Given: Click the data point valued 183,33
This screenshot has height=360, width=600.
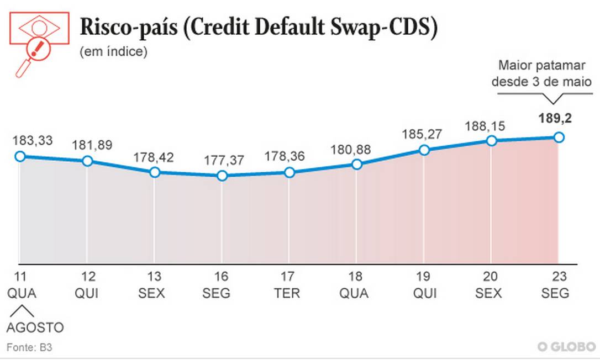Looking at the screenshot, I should click(20, 156).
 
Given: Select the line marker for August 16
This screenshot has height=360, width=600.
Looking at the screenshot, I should click(222, 176).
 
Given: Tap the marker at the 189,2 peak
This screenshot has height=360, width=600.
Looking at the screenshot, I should click(559, 137).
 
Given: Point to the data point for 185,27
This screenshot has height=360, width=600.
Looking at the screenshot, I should click(424, 150).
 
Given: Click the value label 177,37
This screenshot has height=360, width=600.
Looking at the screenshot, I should click(222, 160).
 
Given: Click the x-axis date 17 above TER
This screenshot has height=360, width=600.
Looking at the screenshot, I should click(287, 277).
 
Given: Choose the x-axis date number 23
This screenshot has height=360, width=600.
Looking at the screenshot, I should click(556, 277).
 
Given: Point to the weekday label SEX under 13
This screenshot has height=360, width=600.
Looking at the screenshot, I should click(151, 293).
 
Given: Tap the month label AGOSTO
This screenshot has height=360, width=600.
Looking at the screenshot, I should click(35, 328).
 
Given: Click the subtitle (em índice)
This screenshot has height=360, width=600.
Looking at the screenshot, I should click(113, 52).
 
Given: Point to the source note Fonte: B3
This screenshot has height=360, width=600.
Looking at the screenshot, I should click(29, 348).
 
